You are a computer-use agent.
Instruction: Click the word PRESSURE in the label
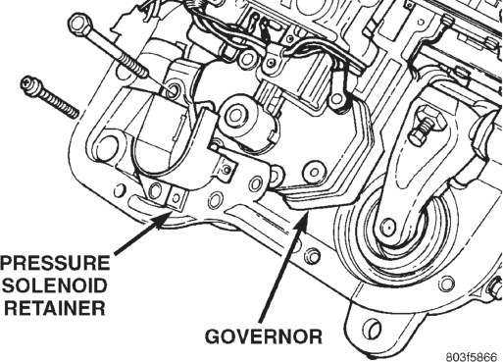55,263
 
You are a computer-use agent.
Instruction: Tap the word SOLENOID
55,285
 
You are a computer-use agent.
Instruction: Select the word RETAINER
55,308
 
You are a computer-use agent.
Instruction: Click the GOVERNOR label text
264,336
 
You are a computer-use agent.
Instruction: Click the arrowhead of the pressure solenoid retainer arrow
164,218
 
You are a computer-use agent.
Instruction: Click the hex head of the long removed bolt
79,25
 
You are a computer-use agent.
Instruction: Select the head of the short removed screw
27,84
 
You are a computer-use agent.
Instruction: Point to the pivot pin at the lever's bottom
388,225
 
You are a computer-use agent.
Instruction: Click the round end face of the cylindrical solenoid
234,115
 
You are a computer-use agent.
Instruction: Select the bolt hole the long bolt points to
173,90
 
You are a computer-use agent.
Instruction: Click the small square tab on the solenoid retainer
176,198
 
